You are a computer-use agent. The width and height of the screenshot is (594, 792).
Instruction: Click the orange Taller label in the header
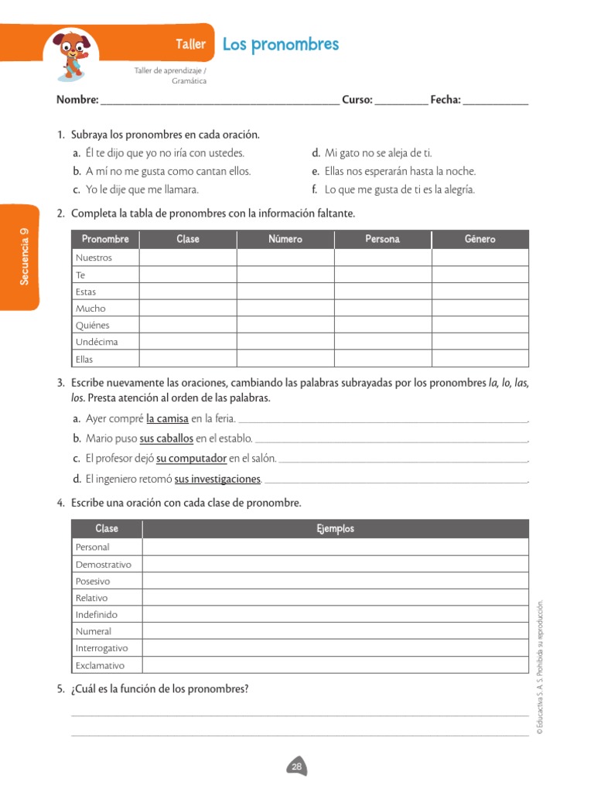tap(190, 44)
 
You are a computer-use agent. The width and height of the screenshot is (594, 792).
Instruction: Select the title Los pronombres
tap(280, 44)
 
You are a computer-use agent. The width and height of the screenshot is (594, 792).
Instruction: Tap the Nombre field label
tap(77, 100)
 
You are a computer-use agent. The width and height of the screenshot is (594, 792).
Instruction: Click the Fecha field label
tap(445, 100)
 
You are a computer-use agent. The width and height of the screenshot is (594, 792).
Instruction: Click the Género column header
tap(480, 240)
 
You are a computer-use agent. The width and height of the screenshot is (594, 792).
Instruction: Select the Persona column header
tap(382, 240)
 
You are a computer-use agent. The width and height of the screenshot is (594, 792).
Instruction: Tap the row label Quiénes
tap(93, 325)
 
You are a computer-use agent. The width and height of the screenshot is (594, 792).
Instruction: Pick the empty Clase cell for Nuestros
tap(188, 258)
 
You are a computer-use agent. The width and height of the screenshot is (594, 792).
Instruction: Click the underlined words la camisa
tap(167, 419)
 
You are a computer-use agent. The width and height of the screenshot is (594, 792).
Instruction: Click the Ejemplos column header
tap(335, 529)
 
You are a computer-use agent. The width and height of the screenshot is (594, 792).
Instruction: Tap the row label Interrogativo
tap(102, 648)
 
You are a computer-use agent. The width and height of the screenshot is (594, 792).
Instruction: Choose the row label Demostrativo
tap(104, 565)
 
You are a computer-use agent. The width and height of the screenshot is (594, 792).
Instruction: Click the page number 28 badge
tap(297, 766)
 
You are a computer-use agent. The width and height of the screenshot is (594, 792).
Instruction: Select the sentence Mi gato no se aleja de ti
tap(377, 153)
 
